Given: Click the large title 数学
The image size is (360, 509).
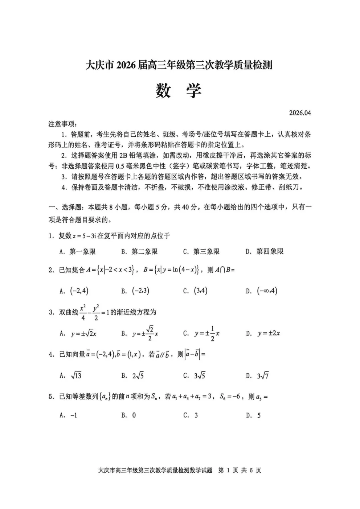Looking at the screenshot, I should (179, 91).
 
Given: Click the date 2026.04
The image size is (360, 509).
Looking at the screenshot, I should (300, 113).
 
